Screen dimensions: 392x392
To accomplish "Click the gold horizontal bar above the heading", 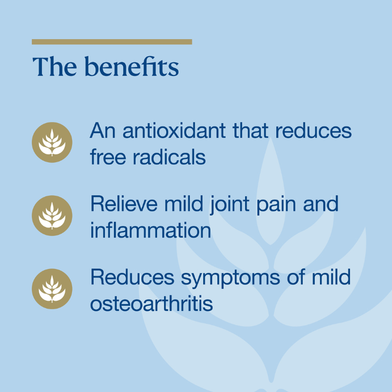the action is point(112,42).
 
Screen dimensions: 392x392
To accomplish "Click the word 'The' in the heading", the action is point(55,66).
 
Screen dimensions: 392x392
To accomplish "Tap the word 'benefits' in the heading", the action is point(132,66).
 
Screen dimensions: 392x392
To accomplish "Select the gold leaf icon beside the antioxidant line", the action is point(52,142).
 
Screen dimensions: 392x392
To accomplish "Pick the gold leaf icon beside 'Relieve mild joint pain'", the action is point(52,216).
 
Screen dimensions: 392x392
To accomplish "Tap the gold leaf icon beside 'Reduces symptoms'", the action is point(52,289).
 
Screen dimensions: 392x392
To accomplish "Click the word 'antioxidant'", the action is point(174,130).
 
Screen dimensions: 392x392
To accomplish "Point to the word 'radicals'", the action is point(169,157).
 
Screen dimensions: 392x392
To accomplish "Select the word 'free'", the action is point(108,157).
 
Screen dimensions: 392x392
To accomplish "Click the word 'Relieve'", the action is point(124,204).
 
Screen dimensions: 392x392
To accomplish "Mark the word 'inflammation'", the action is point(151,230).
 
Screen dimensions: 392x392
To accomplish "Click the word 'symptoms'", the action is point(230,279).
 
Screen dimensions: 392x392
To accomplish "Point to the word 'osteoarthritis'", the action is point(151,304).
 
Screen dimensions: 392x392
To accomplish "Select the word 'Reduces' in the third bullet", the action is point(132,277).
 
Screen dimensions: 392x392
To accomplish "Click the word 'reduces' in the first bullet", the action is point(314,130).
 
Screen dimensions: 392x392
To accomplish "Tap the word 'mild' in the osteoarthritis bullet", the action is point(331,277).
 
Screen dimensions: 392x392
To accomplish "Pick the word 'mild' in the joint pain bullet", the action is point(183,204).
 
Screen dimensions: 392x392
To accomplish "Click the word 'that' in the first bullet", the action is point(251,130).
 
